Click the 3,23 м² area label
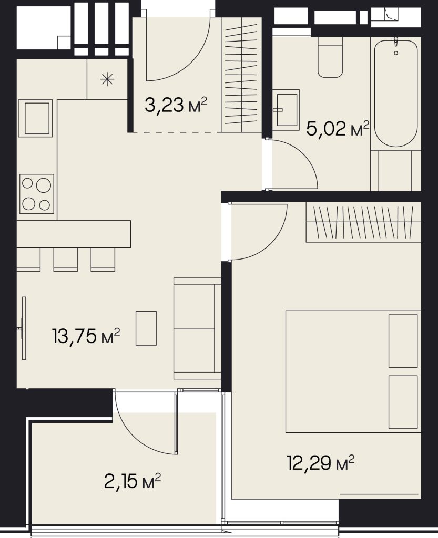pos(176,105)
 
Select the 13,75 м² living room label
pos(86,336)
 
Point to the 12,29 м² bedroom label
pos(320,463)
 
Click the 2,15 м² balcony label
pos(133,481)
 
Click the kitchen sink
pos(35,118)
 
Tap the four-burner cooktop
pos(37,194)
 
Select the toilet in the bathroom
pos(330,57)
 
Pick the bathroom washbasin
pos(286,108)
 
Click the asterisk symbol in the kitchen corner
pos(107,80)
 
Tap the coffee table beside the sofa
pos(146,328)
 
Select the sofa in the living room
pos(197,328)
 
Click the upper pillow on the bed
pos(403,341)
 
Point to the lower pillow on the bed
pos(403,402)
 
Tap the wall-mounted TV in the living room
pos(23,328)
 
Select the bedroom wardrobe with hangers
pos(363,222)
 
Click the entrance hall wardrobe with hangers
pos(242,75)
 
